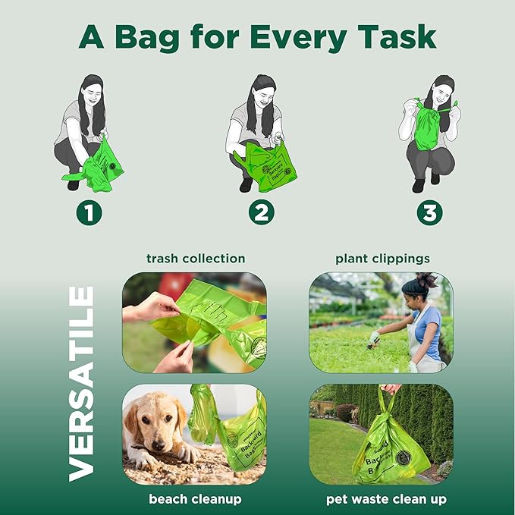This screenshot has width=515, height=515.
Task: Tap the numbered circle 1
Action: (x=88, y=213)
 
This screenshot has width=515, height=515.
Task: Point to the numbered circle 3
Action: (x=430, y=213)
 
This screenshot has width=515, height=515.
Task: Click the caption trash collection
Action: (x=196, y=259)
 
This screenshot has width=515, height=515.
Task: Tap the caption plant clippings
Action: (x=382, y=259)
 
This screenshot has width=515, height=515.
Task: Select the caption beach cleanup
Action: (x=195, y=498)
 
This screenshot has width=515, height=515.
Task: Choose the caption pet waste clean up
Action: (x=386, y=498)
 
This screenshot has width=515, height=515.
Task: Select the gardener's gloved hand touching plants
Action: (x=374, y=338)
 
